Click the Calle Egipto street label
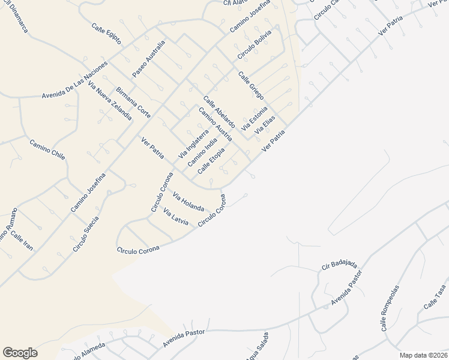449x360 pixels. tap(106, 34)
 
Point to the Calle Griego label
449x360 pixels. tap(251, 85)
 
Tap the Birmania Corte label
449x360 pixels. tap(133, 101)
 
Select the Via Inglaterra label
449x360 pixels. tap(193, 145)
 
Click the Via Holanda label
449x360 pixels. tap(188, 201)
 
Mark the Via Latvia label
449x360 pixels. tap(176, 217)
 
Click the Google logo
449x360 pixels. tap(20, 352)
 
